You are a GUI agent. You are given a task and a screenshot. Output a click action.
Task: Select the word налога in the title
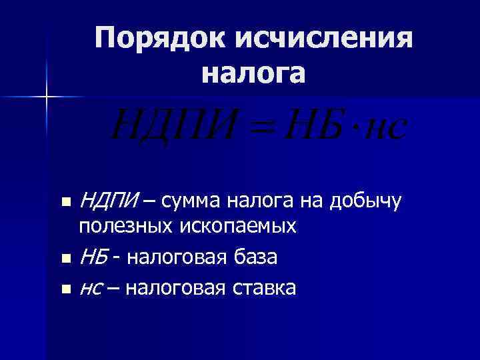point(254,73)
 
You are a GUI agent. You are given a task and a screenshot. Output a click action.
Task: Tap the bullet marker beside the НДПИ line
point(65,201)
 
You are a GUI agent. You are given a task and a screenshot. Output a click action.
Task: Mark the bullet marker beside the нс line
point(65,289)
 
